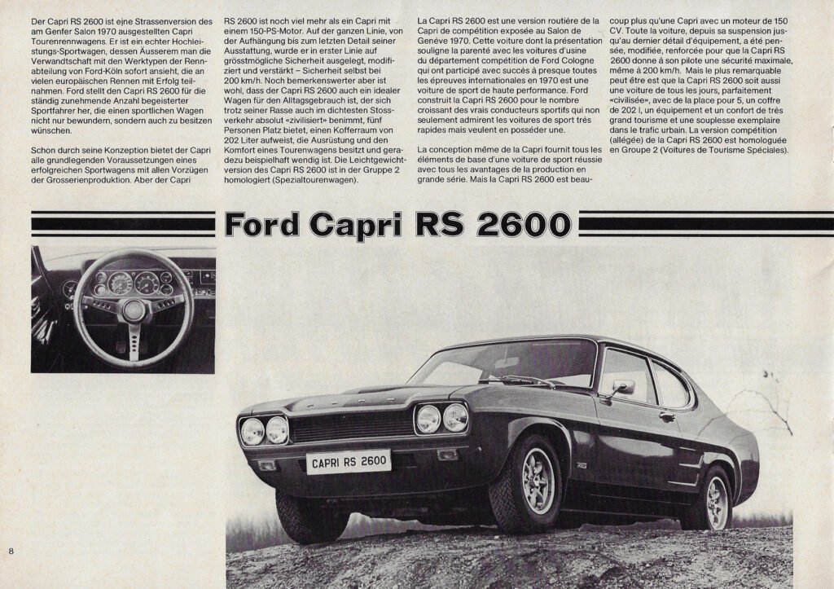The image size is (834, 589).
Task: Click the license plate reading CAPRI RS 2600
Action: tap(349, 462)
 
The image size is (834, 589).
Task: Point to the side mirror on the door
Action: tap(623, 388)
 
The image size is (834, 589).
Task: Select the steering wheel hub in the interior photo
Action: tap(134, 310)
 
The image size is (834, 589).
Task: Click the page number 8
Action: tap(11, 552)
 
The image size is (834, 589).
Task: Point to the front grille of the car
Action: tap(353, 425)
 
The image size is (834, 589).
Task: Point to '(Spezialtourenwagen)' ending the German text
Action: tap(312, 179)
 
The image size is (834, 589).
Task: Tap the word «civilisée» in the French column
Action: tap(635, 120)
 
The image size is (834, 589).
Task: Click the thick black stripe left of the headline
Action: tap(122, 224)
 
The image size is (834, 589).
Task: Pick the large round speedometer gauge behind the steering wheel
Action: tap(120, 282)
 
